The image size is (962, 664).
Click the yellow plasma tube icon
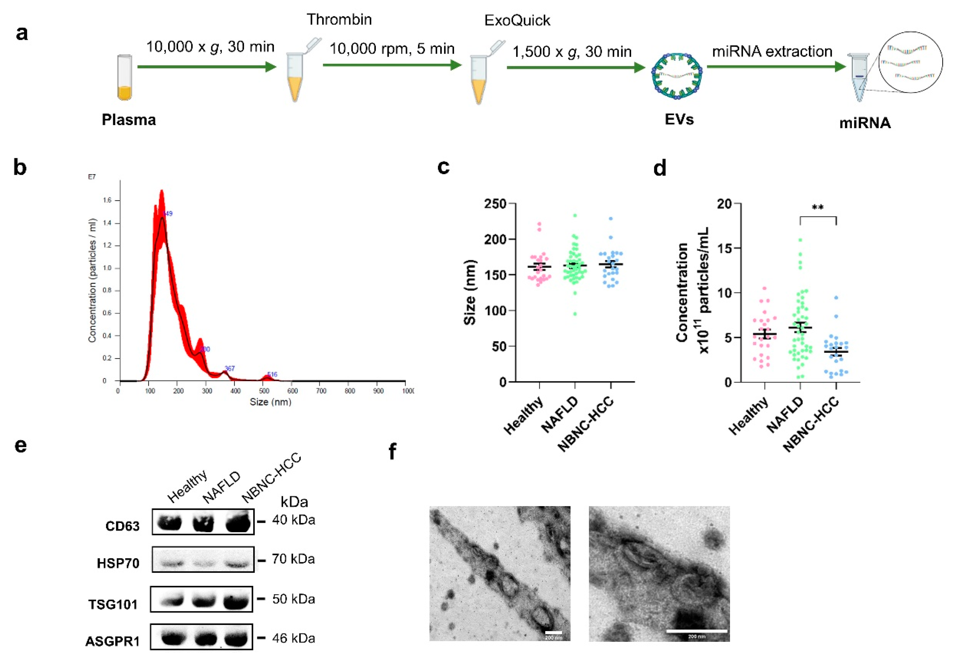(x=125, y=78)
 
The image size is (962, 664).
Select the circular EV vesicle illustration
(x=676, y=76)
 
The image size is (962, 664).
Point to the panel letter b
(x=20, y=168)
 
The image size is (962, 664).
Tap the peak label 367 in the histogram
(x=229, y=368)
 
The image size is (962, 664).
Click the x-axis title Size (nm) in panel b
(x=270, y=402)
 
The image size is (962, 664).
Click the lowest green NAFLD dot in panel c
(x=575, y=314)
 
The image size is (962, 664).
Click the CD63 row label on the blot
(x=122, y=526)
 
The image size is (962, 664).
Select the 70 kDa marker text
(x=293, y=559)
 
